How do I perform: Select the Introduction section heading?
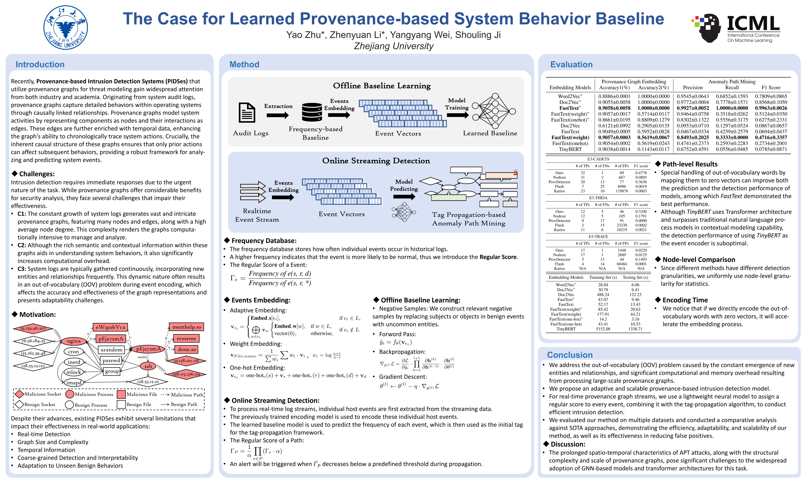40,64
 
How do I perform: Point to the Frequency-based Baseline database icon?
312,112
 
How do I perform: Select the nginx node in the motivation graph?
74,341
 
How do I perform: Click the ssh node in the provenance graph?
148,366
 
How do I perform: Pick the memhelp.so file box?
187,327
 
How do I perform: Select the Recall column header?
732,88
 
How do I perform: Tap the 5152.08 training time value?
603,329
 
